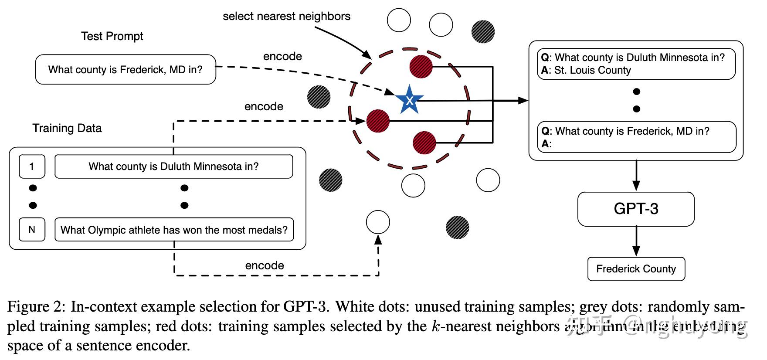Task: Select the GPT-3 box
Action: [636, 209]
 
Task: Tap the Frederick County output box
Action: [636, 269]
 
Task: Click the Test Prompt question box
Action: [126, 69]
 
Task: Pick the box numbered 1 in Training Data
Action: [32, 166]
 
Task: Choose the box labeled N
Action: [32, 230]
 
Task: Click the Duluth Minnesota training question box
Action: [173, 166]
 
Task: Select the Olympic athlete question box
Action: [174, 230]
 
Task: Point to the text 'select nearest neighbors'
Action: [286, 17]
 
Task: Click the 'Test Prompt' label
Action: [112, 36]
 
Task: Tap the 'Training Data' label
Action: [67, 128]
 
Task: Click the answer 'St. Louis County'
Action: [592, 70]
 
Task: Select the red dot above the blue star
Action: [421, 67]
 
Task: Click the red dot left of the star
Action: [378, 121]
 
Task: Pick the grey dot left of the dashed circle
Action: [319, 97]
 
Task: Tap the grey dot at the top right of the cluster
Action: [483, 31]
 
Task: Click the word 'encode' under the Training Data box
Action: [265, 265]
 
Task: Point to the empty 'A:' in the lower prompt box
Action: [546, 144]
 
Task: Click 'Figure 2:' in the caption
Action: [36, 307]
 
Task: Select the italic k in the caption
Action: [435, 326]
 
